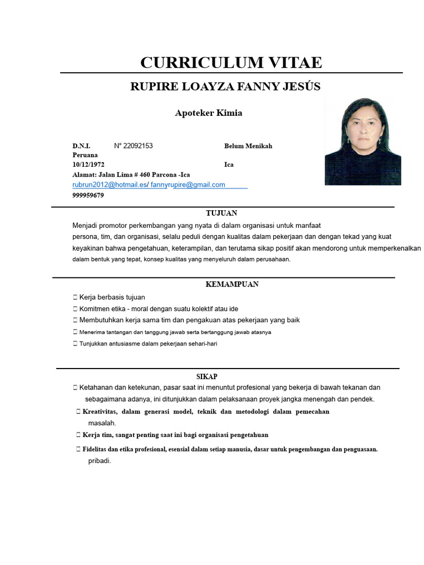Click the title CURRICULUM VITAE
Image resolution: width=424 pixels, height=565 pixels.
tap(231, 62)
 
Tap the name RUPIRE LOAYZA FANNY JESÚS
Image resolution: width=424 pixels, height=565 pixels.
tap(225, 87)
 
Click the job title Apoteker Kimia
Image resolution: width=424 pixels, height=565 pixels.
tap(209, 113)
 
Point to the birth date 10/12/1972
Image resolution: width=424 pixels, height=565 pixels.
tap(88, 164)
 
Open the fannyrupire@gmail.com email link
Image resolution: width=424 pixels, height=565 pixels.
tap(188, 185)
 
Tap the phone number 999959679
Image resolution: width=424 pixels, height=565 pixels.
tap(88, 195)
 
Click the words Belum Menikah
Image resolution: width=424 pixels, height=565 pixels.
tap(248, 146)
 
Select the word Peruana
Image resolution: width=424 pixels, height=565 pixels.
tap(85, 155)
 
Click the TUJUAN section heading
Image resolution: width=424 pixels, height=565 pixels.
tap(221, 213)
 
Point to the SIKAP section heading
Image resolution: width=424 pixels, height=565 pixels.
tap(207, 376)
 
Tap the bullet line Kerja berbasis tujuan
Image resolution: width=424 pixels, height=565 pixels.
tap(112, 297)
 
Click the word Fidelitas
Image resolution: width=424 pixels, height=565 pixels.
tap(98, 449)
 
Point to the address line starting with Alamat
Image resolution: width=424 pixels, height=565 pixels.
tap(131, 174)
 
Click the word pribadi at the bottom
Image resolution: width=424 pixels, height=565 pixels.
tap(99, 461)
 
